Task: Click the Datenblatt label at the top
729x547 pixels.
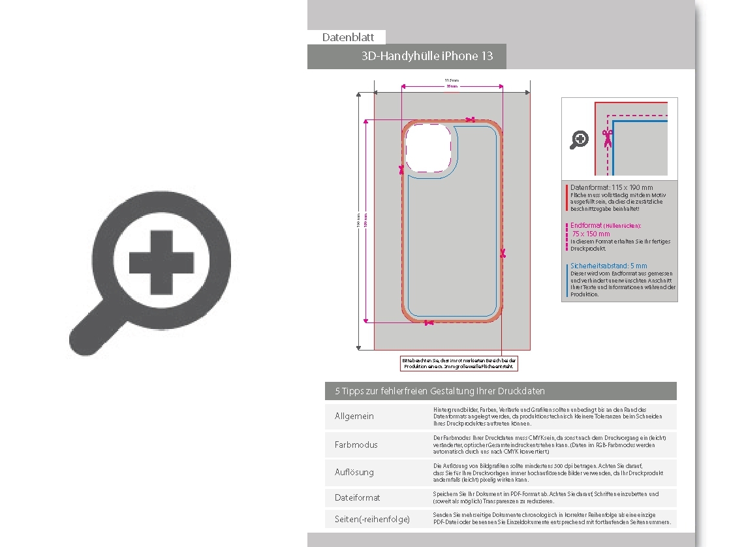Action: [348, 38]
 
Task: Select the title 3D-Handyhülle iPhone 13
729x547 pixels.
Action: [427, 56]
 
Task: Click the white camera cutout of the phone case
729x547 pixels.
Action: [428, 148]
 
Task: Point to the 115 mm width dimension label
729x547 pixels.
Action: [452, 80]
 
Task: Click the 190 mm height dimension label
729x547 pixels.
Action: [358, 223]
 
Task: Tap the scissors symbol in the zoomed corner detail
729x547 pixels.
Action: [608, 137]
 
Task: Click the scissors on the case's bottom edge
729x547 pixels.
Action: [428, 322]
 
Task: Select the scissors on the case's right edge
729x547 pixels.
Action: [503, 253]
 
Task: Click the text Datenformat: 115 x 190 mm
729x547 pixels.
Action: [612, 187]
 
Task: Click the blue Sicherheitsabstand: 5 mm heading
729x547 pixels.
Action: [608, 266]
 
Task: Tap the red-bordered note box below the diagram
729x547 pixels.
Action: [459, 364]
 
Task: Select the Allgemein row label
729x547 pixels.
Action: [354, 416]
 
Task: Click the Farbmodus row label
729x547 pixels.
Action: [356, 445]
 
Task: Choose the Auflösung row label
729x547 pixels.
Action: [354, 472]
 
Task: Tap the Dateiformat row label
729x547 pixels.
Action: [357, 498]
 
